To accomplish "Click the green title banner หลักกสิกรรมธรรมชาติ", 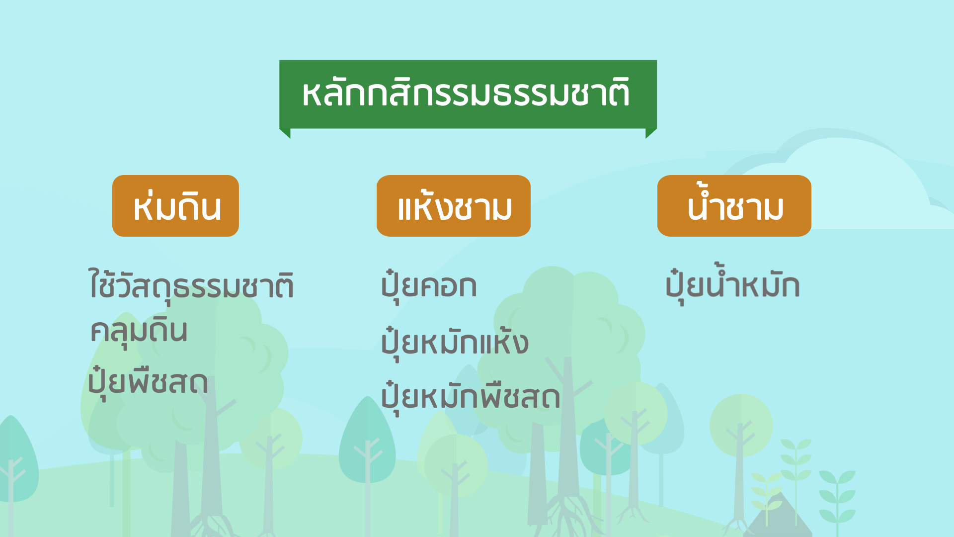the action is click(468, 94).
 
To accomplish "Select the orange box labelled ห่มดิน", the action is click(175, 206).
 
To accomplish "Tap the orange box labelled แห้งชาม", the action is click(454, 206).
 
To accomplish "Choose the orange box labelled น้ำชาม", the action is click(734, 206).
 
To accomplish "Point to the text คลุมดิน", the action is click(139, 330).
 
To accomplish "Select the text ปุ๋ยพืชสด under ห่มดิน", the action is click(148, 383).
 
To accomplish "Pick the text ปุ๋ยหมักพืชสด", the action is click(471, 397).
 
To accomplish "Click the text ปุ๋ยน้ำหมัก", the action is click(732, 284).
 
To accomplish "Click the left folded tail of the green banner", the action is click(285, 133).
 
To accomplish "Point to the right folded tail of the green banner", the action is click(651, 133).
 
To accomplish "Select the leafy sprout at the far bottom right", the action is click(837, 497).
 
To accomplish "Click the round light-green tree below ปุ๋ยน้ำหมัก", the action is click(741, 428).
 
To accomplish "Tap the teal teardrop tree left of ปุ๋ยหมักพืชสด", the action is click(367, 443).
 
